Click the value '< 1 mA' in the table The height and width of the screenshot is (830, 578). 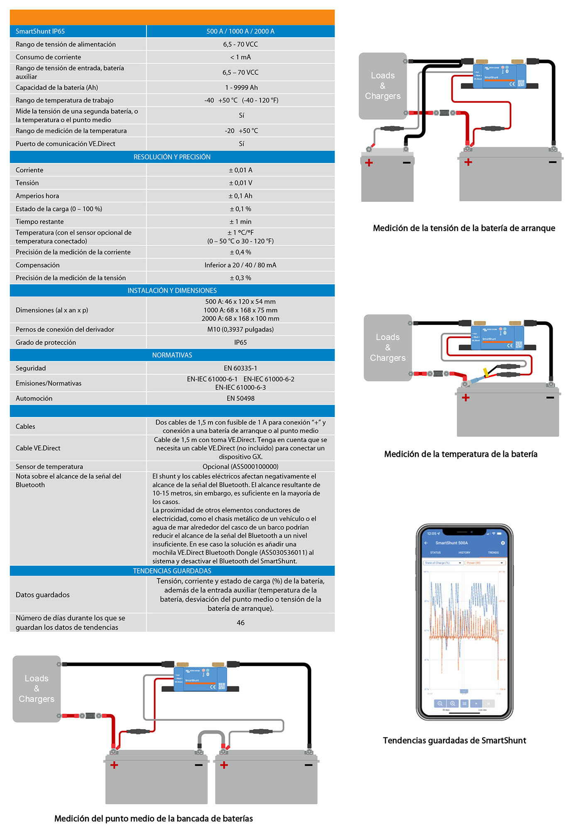point(240,57)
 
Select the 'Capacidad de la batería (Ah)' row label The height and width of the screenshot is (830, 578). point(57,88)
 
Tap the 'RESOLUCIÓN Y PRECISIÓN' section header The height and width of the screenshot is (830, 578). point(172,157)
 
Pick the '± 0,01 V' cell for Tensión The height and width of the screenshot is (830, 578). point(240,183)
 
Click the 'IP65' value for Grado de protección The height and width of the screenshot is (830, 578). point(240,342)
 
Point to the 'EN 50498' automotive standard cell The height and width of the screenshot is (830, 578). point(240,398)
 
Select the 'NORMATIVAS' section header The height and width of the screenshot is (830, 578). point(172,355)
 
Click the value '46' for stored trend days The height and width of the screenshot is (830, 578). point(240,622)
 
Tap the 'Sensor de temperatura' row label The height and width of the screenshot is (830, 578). point(49,466)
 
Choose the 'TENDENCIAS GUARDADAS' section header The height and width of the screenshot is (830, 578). point(172,571)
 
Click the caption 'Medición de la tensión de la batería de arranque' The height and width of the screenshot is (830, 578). point(464,228)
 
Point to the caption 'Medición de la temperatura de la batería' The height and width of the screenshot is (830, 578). point(461,454)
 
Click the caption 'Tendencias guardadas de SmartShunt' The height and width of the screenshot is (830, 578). point(454,740)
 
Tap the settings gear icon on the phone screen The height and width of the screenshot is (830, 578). point(503,543)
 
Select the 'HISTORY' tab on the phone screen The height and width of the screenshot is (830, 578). point(464,553)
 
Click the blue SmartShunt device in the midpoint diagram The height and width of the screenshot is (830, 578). point(200,679)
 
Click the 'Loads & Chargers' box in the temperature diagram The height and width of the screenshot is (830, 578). point(388,347)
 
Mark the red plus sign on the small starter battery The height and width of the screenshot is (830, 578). point(369,163)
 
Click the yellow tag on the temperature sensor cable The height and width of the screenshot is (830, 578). point(485,372)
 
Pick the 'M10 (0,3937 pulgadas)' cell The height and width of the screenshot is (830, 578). point(240,330)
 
